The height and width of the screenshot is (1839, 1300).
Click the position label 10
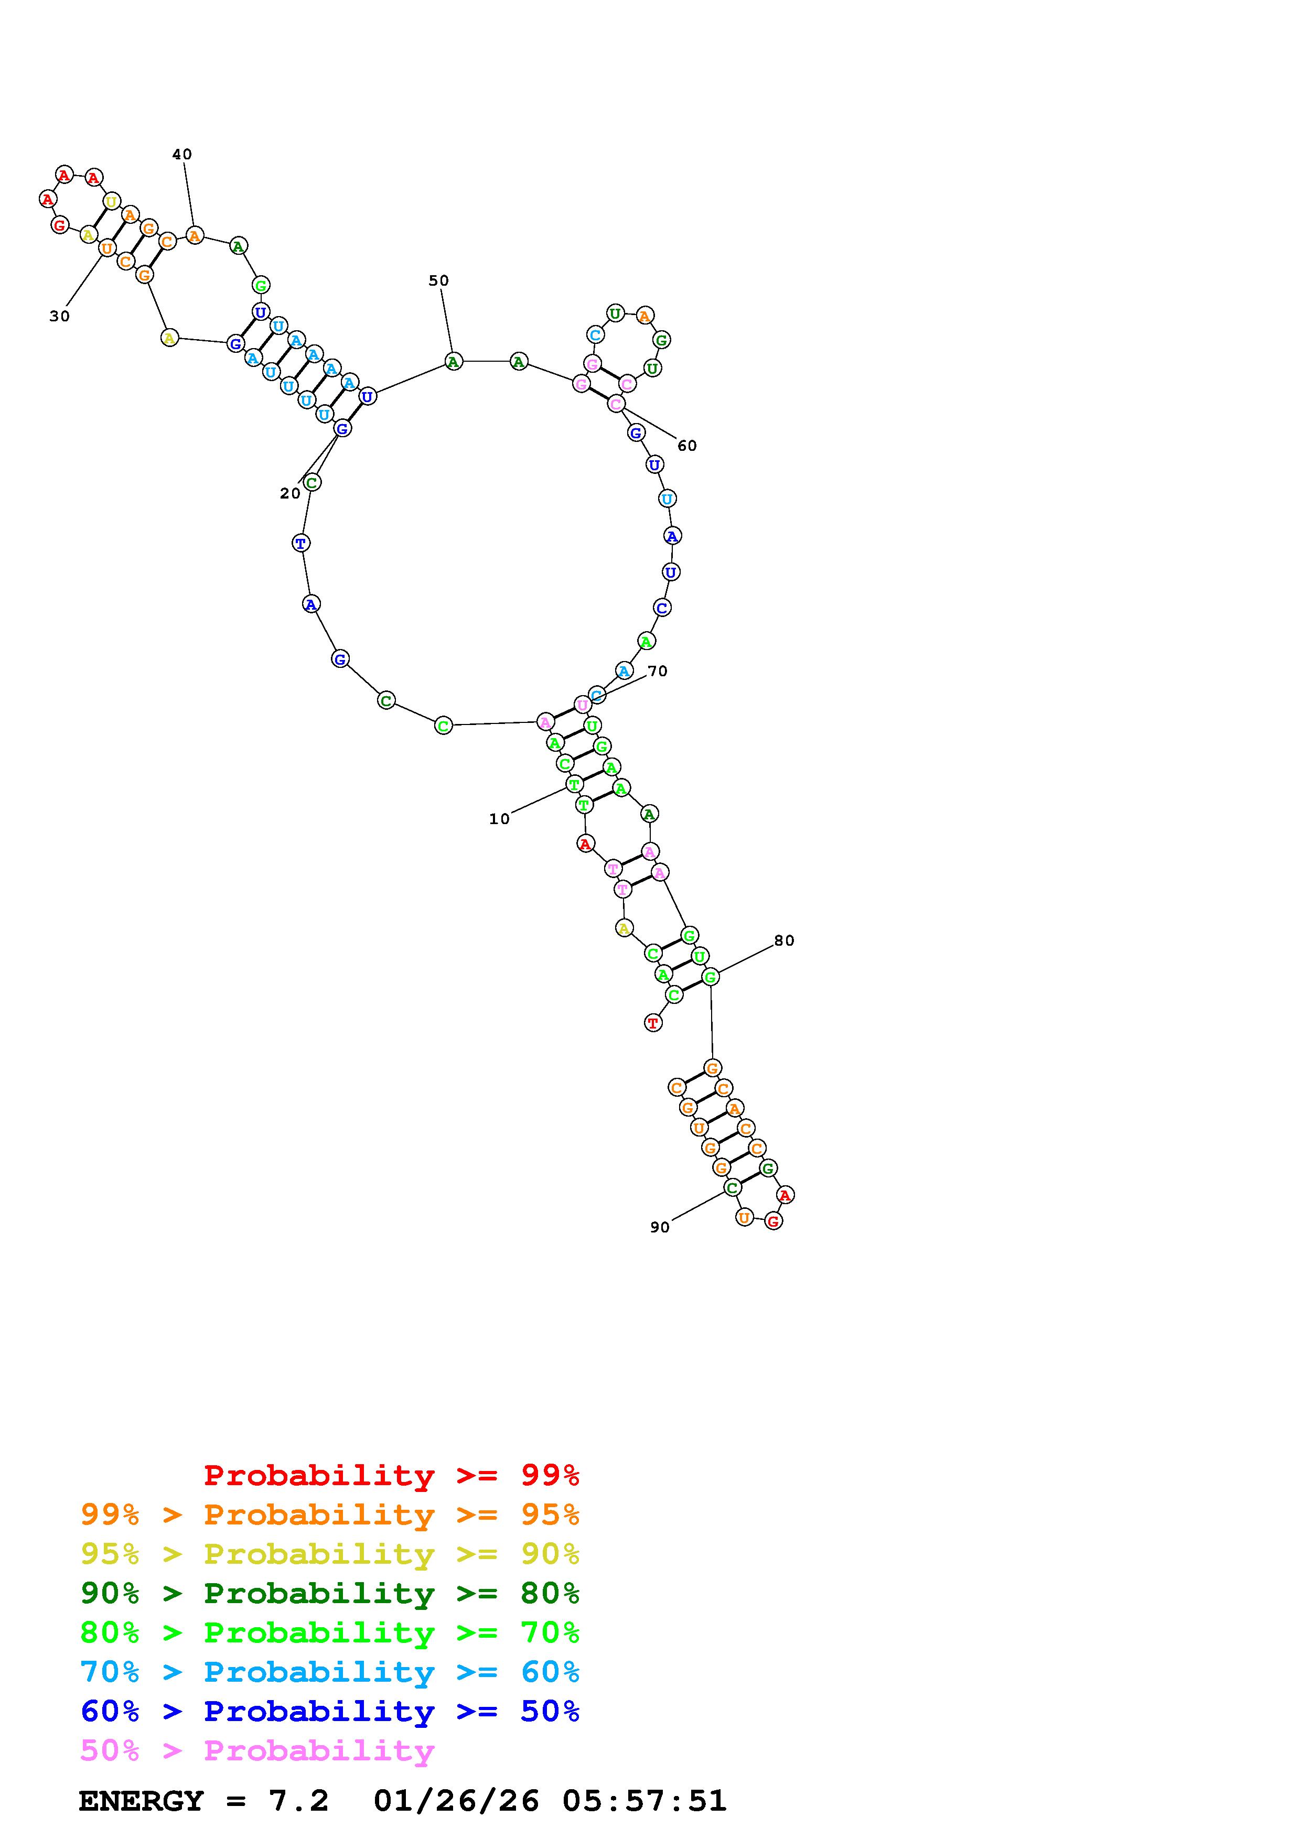[x=499, y=818]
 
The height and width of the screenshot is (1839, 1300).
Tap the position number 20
[x=290, y=493]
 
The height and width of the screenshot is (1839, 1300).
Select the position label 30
[x=59, y=317]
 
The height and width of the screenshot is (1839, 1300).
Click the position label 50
[x=439, y=280]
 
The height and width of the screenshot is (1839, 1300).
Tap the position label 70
[x=658, y=671]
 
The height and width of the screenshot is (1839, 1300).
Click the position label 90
[x=660, y=1227]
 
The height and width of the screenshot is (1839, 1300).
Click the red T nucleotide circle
[x=653, y=1023]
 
